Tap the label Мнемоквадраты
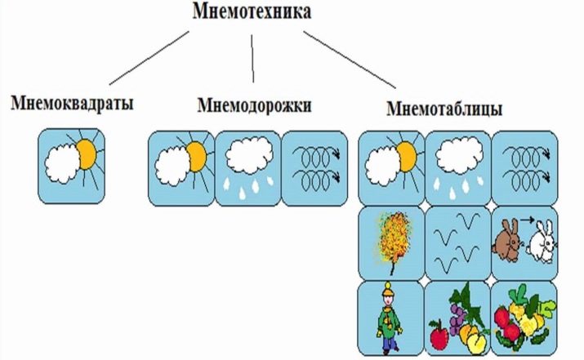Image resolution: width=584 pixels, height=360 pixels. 73,104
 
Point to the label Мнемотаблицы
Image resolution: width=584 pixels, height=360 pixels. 444,109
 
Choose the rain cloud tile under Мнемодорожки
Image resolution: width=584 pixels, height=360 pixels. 247,167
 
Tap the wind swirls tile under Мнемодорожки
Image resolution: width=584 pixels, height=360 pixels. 314,167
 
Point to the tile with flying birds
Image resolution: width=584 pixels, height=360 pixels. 457,242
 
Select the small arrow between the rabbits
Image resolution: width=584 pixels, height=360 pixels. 528,220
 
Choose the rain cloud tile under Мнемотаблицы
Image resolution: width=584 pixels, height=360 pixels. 457,167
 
